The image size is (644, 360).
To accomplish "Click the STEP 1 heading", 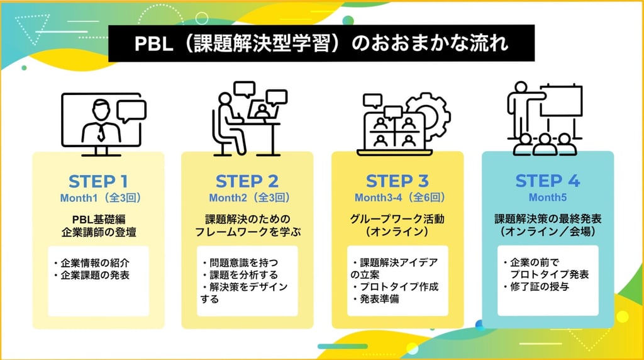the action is click(x=98, y=181).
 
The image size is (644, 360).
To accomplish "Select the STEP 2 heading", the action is click(x=247, y=181).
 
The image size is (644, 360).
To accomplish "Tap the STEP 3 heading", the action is click(x=397, y=181).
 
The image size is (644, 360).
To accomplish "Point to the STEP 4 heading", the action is click(x=548, y=181).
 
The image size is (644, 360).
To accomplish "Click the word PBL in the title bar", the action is click(x=153, y=43).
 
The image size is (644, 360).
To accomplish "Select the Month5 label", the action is click(x=548, y=197).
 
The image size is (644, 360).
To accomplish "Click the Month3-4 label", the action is click(x=378, y=198).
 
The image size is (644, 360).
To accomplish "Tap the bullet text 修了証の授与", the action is click(x=539, y=286).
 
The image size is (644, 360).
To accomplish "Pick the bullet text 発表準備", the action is click(x=379, y=299).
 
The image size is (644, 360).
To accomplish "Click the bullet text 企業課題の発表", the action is click(x=95, y=275).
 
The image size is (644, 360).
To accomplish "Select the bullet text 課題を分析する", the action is click(x=243, y=274).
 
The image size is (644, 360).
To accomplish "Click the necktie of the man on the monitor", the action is click(x=101, y=133).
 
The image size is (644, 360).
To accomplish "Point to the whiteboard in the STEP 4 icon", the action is click(x=561, y=101).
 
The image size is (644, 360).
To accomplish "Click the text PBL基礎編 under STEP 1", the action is click(x=99, y=220).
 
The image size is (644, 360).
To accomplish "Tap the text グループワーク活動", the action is click(x=397, y=218).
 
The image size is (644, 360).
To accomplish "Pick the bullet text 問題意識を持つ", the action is click(x=243, y=262).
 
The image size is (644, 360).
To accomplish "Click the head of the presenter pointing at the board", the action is click(x=521, y=87).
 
